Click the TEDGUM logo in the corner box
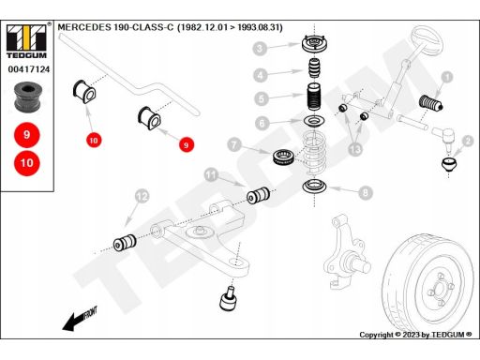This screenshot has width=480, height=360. coord(26,41)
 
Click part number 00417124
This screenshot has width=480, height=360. coord(29,69)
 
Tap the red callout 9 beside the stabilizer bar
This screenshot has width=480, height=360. coord(187,145)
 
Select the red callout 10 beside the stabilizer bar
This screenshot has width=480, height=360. coord(94,141)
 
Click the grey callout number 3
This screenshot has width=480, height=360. coord(260,49)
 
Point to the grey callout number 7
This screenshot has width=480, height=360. coord(234,144)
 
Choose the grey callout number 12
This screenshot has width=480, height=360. coord(142,196)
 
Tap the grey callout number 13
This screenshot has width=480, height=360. coord(355,149)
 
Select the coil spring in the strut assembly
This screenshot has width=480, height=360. coord(315,153)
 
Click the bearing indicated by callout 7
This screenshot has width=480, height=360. coord(283,157)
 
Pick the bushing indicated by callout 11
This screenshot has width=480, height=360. coord(258,195)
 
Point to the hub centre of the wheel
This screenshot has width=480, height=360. coord(441,290)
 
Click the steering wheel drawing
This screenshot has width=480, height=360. coord(427,40)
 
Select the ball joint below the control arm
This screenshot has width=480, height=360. coord(229,299)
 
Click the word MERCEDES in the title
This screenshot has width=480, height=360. coord(84,27)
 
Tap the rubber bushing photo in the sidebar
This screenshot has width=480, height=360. coord(27,97)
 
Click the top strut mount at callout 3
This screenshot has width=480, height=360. coord(315,45)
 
